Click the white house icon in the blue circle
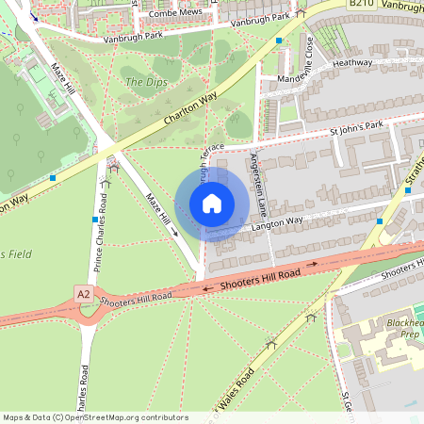(x=212, y=204)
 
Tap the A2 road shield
(x=84, y=295)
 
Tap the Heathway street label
(x=352, y=62)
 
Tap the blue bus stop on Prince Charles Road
(x=95, y=220)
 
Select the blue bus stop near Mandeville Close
(x=279, y=41)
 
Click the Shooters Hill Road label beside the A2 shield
(x=136, y=298)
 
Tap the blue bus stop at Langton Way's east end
(x=379, y=220)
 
